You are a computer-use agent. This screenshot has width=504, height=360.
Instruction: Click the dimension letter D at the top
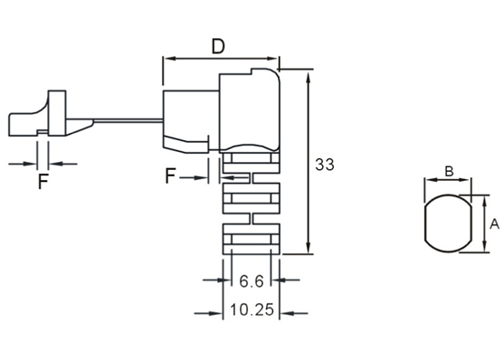pyautogui.click(x=218, y=47)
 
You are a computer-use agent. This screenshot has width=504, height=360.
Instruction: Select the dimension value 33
pyautogui.click(x=325, y=165)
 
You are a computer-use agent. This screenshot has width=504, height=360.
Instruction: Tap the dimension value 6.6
pyautogui.click(x=252, y=281)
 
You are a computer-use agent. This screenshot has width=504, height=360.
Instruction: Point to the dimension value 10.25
pyautogui.click(x=252, y=310)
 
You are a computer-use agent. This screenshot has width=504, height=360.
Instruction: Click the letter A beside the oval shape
pyautogui.click(x=494, y=224)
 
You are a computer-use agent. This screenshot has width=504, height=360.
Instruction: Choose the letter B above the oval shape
pyautogui.click(x=449, y=171)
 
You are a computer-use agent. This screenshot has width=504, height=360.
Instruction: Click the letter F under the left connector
pyautogui.click(x=43, y=181)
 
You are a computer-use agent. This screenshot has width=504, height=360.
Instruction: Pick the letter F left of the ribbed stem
pyautogui.click(x=170, y=175)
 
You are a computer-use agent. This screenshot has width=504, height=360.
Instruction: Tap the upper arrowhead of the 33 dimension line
pyautogui.click(x=309, y=77)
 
